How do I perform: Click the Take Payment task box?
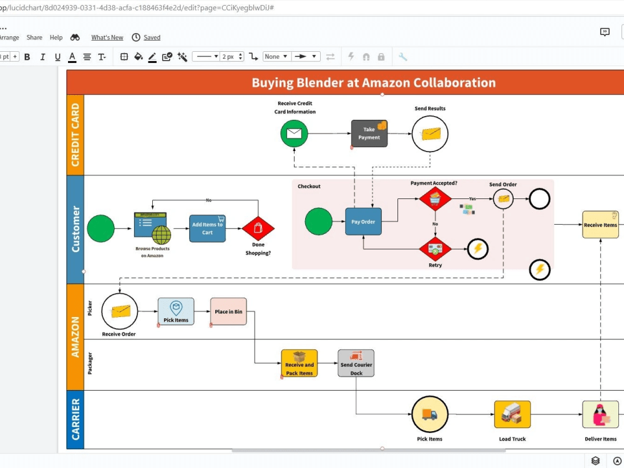(x=369, y=134)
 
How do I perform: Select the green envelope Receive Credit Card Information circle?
(x=294, y=134)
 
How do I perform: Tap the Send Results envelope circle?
(x=430, y=134)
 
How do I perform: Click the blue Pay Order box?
(x=363, y=222)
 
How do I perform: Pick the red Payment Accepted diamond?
(x=435, y=198)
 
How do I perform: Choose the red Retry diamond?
(x=435, y=248)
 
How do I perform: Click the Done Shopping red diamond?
(x=258, y=228)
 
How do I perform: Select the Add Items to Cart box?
(x=207, y=228)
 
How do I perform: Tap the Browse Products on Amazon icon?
(x=152, y=228)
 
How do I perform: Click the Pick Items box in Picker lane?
(x=175, y=311)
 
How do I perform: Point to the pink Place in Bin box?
(x=228, y=311)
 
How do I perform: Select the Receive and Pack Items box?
(x=300, y=363)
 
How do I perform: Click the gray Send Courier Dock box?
(x=356, y=363)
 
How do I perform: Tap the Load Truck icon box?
(x=512, y=414)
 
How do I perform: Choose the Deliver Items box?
(x=600, y=414)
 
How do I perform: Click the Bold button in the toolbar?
(x=27, y=57)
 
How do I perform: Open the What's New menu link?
(x=107, y=37)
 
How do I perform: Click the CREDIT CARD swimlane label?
(x=76, y=135)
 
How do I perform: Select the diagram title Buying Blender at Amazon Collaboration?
(x=373, y=82)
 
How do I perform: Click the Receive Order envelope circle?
(x=119, y=311)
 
